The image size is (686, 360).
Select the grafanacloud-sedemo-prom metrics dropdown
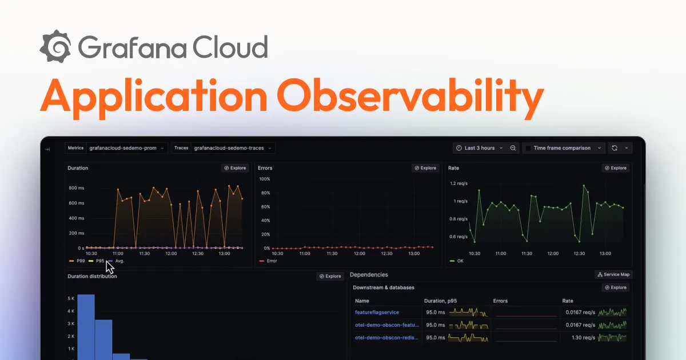123,148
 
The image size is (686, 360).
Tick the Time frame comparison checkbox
528,148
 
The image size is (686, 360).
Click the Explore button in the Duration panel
235,168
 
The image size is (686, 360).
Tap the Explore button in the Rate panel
616,168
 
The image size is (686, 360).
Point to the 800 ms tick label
76,188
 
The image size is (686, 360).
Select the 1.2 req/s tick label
458,183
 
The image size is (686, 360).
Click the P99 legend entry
78,261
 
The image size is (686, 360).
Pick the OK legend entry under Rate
457,261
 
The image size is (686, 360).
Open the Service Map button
613,275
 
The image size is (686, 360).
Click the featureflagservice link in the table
377,313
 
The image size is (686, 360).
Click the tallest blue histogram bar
86,326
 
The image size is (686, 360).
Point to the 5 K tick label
71,298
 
